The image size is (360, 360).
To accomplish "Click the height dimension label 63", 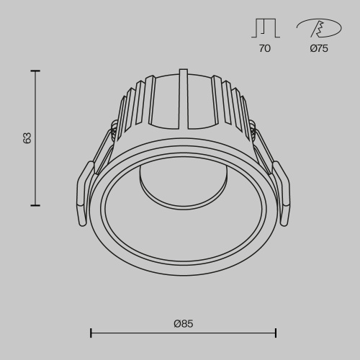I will point(27,138).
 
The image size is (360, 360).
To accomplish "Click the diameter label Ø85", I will point(184,323).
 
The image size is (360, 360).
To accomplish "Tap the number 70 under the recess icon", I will point(264,49).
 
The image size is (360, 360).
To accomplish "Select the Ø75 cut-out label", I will point(318,49).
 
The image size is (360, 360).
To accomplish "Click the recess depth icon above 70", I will point(264,27).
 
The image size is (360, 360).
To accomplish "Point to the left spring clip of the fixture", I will point(84,192).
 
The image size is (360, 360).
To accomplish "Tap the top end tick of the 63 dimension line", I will point(35,71).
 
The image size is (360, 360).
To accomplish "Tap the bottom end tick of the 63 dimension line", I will point(35,205).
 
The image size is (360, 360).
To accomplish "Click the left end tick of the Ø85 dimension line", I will point(91,333).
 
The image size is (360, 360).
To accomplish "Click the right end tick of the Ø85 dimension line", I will point(276,333).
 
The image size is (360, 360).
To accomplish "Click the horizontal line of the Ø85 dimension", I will point(184,333).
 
